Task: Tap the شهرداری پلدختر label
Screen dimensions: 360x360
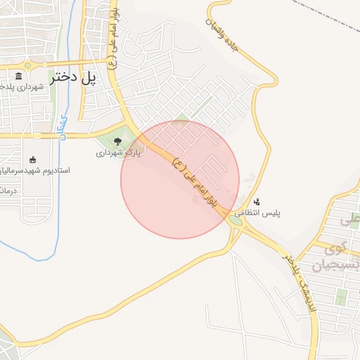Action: tap(21, 86)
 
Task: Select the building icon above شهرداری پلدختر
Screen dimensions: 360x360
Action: tap(19, 76)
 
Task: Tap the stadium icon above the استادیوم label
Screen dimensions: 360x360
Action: tap(32, 160)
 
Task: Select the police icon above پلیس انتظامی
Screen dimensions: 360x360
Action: tap(257, 201)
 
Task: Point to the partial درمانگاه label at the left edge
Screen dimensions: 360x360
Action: tap(6, 191)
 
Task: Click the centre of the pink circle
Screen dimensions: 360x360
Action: tap(180, 179)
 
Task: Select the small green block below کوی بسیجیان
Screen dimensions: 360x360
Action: tap(342, 298)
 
